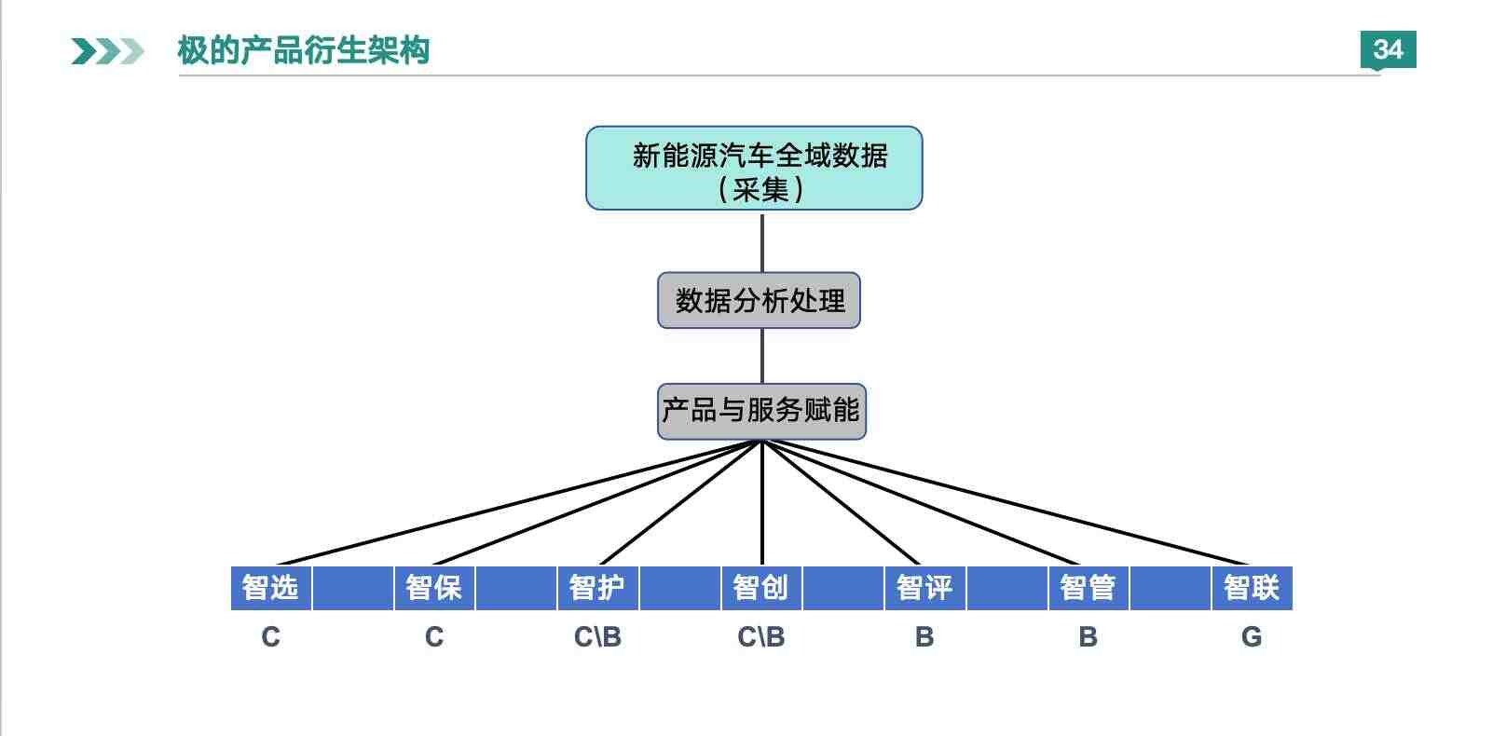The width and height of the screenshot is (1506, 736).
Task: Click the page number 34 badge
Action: [1388, 49]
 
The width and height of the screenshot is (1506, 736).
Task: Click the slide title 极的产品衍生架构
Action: [303, 50]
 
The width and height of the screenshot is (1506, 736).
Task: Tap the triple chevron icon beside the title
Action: [107, 52]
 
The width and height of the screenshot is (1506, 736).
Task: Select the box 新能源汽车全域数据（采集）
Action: [754, 168]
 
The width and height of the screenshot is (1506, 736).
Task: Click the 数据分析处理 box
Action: [759, 300]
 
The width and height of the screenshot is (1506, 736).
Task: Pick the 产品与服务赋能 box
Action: [761, 412]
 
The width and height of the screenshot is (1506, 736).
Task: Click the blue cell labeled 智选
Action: [271, 588]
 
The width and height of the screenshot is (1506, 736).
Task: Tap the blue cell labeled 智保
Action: [434, 588]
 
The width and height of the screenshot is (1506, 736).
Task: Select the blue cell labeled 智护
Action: [597, 588]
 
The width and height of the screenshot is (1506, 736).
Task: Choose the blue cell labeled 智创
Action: [761, 588]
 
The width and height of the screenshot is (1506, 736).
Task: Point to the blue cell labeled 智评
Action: [924, 588]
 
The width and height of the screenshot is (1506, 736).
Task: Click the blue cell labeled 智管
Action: [1088, 588]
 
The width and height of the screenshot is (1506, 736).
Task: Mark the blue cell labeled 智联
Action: [1252, 588]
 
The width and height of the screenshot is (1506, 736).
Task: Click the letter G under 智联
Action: [1252, 636]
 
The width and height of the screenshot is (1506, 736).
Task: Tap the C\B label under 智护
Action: [597, 636]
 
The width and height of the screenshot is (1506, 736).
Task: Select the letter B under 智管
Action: [1088, 636]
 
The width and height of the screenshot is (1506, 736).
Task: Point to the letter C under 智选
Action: [271, 636]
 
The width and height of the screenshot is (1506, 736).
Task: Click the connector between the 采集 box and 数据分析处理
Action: [761, 243]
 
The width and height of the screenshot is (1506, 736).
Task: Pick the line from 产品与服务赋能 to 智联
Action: [1006, 503]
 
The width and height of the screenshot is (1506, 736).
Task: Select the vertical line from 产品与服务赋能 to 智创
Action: [761, 503]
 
